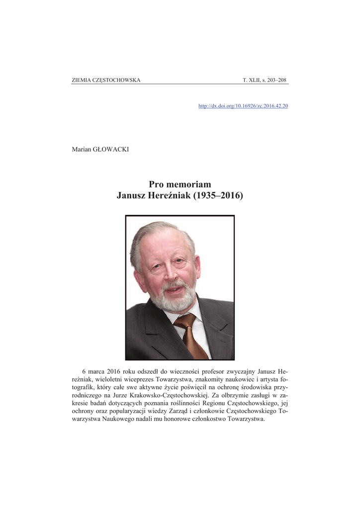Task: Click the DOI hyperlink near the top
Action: coord(243,106)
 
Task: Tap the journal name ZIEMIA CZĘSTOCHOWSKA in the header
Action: coord(106,80)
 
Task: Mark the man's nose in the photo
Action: coord(170,271)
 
